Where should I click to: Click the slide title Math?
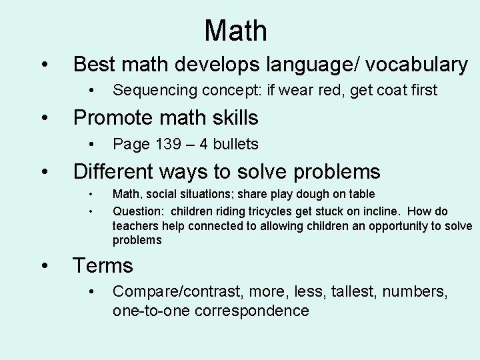click(x=235, y=31)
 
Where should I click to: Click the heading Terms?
click(x=103, y=266)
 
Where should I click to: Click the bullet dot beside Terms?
click(x=44, y=266)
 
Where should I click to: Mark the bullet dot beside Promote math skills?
click(x=44, y=118)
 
